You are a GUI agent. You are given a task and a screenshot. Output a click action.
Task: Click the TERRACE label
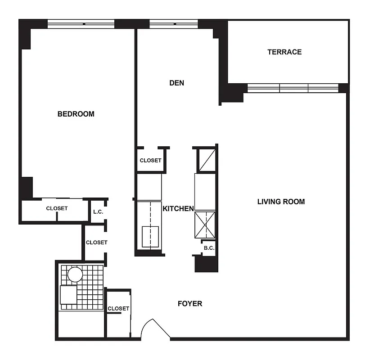284,52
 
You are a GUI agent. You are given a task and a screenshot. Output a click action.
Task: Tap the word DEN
176,83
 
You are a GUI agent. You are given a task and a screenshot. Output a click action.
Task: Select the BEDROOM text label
76,114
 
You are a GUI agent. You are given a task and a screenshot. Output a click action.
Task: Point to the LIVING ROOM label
281,202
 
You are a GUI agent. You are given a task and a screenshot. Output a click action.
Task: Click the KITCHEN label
178,208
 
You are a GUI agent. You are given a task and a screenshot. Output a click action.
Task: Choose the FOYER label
190,303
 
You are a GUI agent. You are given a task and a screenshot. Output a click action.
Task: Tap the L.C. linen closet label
98,212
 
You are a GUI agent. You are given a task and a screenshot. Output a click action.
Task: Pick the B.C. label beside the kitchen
208,247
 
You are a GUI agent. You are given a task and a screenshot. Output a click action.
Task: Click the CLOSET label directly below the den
150,160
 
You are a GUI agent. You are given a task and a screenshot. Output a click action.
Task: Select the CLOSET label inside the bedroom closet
57,208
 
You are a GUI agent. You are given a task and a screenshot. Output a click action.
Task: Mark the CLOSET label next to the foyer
118,308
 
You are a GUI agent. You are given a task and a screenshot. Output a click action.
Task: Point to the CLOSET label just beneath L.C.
96,242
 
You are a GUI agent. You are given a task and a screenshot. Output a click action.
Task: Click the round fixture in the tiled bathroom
75,274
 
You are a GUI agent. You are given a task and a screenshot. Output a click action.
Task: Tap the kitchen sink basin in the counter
150,236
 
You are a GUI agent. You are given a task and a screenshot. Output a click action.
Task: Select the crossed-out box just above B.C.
205,224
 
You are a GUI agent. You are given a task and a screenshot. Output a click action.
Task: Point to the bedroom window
81,24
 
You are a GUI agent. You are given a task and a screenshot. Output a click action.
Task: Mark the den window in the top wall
173,24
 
